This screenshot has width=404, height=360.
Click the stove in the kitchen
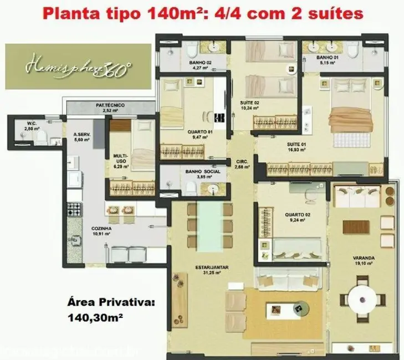(73, 210)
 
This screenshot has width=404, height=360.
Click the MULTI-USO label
(121, 160)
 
